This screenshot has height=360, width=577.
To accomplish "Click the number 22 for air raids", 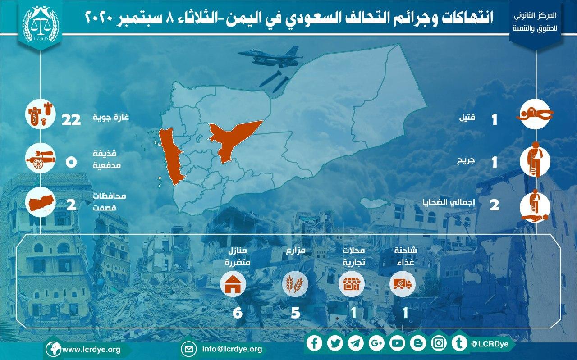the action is (x=71, y=120).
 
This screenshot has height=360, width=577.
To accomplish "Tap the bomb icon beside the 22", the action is (x=41, y=114).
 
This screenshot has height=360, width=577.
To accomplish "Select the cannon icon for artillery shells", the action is (x=41, y=159).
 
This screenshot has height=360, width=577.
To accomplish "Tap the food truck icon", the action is (x=403, y=284).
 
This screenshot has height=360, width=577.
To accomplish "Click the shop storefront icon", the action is (x=351, y=284).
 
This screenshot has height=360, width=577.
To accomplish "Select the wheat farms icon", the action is (x=295, y=284).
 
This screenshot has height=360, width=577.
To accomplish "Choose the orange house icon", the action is (x=233, y=284).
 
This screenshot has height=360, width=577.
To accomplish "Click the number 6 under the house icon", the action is (x=238, y=313).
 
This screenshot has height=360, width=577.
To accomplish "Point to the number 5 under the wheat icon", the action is (x=295, y=313).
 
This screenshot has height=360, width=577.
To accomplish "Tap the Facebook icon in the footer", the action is (x=315, y=343).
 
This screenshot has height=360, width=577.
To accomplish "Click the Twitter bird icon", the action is (x=335, y=343).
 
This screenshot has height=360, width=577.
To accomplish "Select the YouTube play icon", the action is (x=397, y=343).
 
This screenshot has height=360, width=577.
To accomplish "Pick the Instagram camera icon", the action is (x=439, y=343).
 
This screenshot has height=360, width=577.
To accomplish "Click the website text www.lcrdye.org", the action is (x=92, y=350).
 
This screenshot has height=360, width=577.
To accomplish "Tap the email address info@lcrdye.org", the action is (x=232, y=349).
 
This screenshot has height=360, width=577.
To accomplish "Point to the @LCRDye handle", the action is (x=490, y=344).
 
